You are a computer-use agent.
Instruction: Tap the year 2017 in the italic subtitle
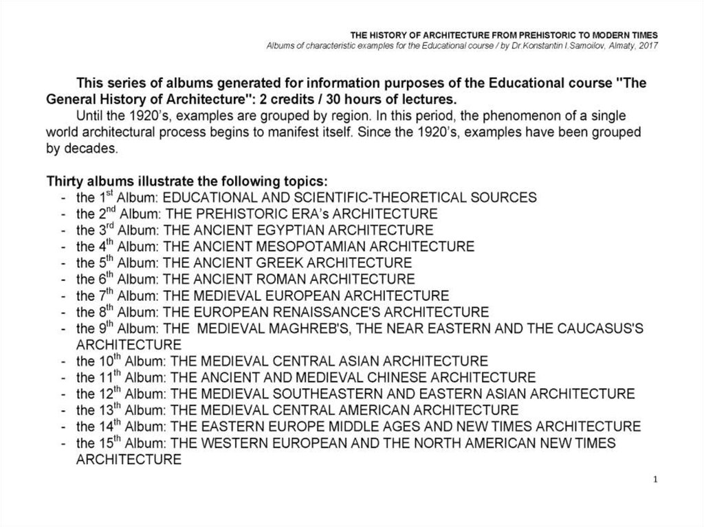coord(648,45)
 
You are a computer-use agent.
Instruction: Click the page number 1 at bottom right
coord(656,479)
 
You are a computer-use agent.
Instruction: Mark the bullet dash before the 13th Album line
coord(63,410)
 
